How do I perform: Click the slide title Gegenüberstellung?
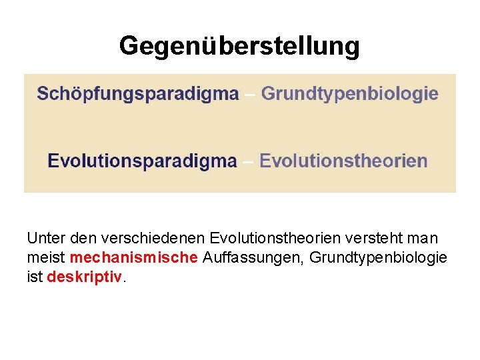click(239, 46)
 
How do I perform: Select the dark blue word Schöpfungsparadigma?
click(138, 93)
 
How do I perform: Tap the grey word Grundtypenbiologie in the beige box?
click(349, 93)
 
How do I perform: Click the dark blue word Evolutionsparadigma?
click(142, 161)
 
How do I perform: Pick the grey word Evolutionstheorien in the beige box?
click(343, 161)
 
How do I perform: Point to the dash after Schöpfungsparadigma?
click(250, 94)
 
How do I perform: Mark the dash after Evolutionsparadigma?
click(248, 161)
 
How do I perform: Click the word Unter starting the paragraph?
click(43, 238)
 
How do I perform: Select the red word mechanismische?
click(133, 257)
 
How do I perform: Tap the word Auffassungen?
click(249, 257)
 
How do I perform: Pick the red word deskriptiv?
click(85, 277)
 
